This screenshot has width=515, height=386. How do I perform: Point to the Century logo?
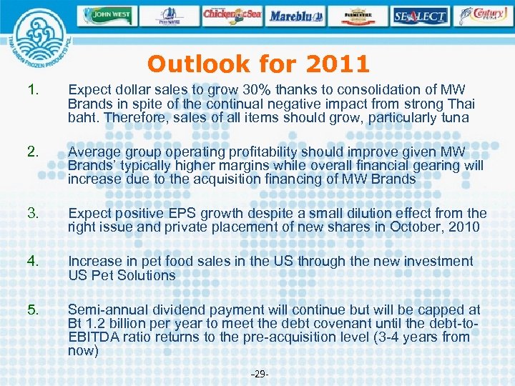(x=484, y=14)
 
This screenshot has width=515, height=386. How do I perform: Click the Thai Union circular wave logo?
(x=35, y=44)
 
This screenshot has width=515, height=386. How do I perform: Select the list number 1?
(x=31, y=89)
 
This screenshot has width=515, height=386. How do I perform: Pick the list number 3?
(x=31, y=214)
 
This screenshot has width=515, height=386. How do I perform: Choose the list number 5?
(x=31, y=310)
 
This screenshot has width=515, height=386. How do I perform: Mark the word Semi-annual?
(x=107, y=310)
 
